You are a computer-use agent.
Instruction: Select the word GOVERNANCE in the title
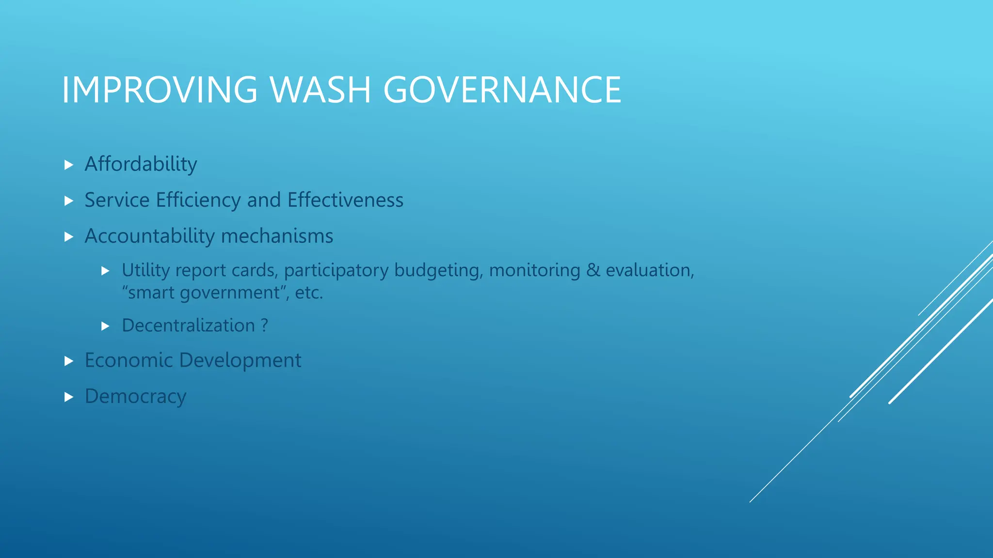click(x=502, y=90)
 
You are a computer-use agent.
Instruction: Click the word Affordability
click(x=141, y=164)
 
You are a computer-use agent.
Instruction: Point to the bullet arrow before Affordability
click(x=69, y=165)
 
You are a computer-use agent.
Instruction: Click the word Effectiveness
click(x=345, y=200)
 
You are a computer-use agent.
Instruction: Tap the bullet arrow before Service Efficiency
click(x=69, y=201)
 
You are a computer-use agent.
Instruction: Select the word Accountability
click(x=149, y=236)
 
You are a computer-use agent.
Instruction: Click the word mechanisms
click(x=277, y=236)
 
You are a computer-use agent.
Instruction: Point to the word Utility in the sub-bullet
click(x=145, y=270)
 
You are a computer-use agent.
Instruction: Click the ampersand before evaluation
click(x=593, y=270)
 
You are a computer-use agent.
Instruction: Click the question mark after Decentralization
click(x=264, y=325)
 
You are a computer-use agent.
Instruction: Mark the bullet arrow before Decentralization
click(x=106, y=326)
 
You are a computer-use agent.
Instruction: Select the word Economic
click(x=128, y=360)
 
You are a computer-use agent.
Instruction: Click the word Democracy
click(x=135, y=397)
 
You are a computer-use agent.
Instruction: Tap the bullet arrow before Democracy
click(x=69, y=397)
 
